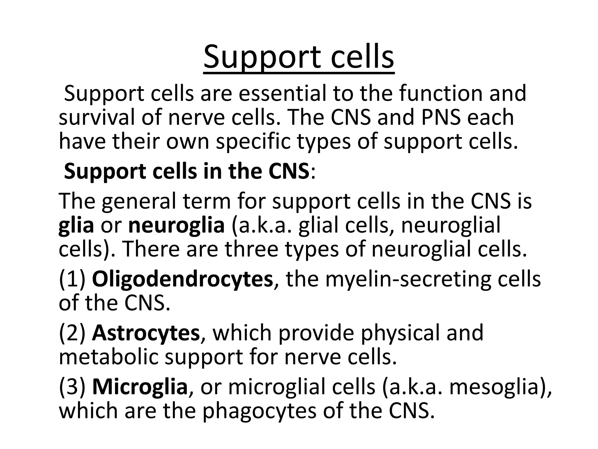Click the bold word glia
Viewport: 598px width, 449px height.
coord(76,226)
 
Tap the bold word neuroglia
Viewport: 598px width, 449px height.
coord(176,226)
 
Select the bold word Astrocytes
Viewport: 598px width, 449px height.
coord(146,333)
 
